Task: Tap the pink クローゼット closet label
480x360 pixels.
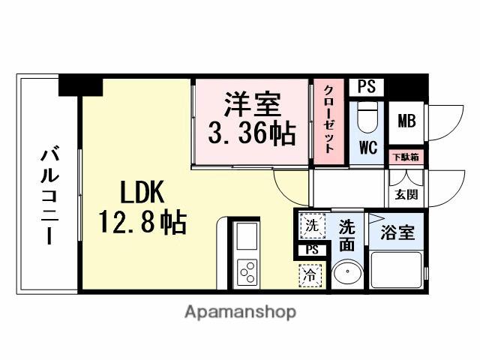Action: click(328, 120)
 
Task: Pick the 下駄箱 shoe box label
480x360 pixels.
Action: click(407, 157)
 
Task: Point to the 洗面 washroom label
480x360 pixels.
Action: click(347, 234)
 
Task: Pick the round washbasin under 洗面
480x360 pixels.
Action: click(346, 274)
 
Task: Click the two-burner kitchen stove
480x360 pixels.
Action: click(247, 271)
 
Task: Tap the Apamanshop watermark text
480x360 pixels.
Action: click(240, 311)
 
